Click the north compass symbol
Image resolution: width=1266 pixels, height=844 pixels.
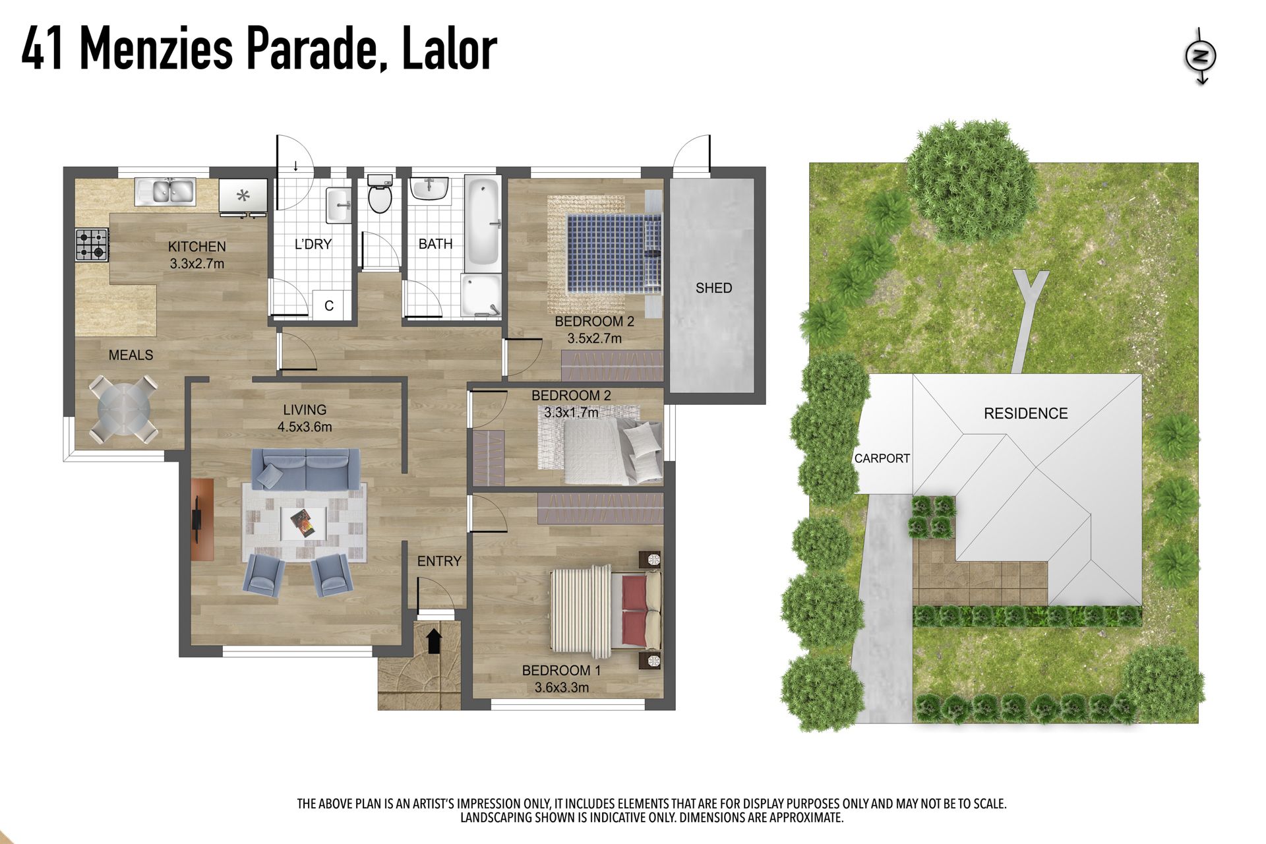click(x=1201, y=56)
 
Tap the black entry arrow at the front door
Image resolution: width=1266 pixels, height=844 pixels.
click(x=433, y=641)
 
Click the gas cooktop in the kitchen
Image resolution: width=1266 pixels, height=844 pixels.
click(x=92, y=244)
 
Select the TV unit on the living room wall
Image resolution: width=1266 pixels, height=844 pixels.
click(x=202, y=520)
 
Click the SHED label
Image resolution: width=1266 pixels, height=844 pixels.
click(x=713, y=288)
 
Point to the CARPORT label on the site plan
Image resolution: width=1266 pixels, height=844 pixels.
click(x=882, y=458)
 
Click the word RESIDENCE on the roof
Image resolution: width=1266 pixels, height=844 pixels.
click(x=1025, y=413)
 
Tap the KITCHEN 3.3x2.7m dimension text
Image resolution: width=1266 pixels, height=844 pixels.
click(x=196, y=264)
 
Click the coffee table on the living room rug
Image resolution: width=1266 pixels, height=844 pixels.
click(x=304, y=524)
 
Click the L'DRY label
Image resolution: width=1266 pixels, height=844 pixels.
click(x=313, y=244)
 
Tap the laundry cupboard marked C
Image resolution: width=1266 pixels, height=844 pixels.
click(x=329, y=305)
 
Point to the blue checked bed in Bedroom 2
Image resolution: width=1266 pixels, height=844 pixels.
click(x=613, y=253)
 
